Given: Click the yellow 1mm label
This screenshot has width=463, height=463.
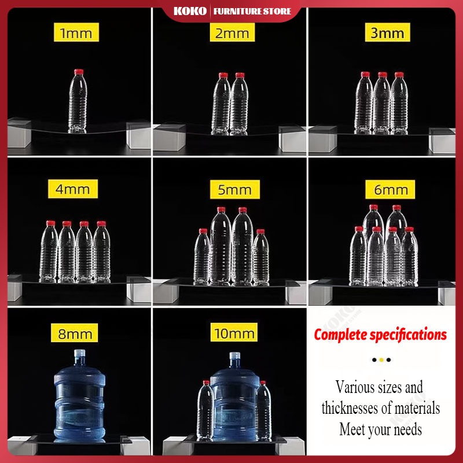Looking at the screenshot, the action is click(76, 32).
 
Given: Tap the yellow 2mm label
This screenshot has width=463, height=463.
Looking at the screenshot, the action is click(232, 32).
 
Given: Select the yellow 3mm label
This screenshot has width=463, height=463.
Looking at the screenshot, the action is click(387, 32).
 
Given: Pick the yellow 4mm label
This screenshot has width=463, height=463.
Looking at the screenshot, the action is click(73, 189).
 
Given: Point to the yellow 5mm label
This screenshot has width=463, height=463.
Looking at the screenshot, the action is click(235, 189).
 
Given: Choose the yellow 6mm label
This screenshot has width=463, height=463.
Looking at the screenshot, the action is click(390, 189).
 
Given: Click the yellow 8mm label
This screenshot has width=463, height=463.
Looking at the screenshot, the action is click(75, 333).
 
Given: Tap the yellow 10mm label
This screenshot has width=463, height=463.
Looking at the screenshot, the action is click(234, 332).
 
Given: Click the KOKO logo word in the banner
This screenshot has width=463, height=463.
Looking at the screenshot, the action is click(190, 11).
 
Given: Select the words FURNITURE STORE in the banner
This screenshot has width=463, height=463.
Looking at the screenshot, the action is click(252, 12).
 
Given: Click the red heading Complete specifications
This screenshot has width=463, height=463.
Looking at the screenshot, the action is click(380, 335).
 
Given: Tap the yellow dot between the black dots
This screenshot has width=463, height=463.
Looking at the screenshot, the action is click(381, 359).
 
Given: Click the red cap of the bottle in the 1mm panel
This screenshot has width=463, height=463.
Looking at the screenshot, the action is click(79, 72).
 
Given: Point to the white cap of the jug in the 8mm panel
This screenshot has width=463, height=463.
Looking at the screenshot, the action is click(79, 354).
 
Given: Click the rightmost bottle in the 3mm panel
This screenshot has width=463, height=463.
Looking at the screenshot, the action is click(399, 103).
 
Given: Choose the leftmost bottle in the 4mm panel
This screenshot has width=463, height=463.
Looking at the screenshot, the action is click(49, 251).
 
